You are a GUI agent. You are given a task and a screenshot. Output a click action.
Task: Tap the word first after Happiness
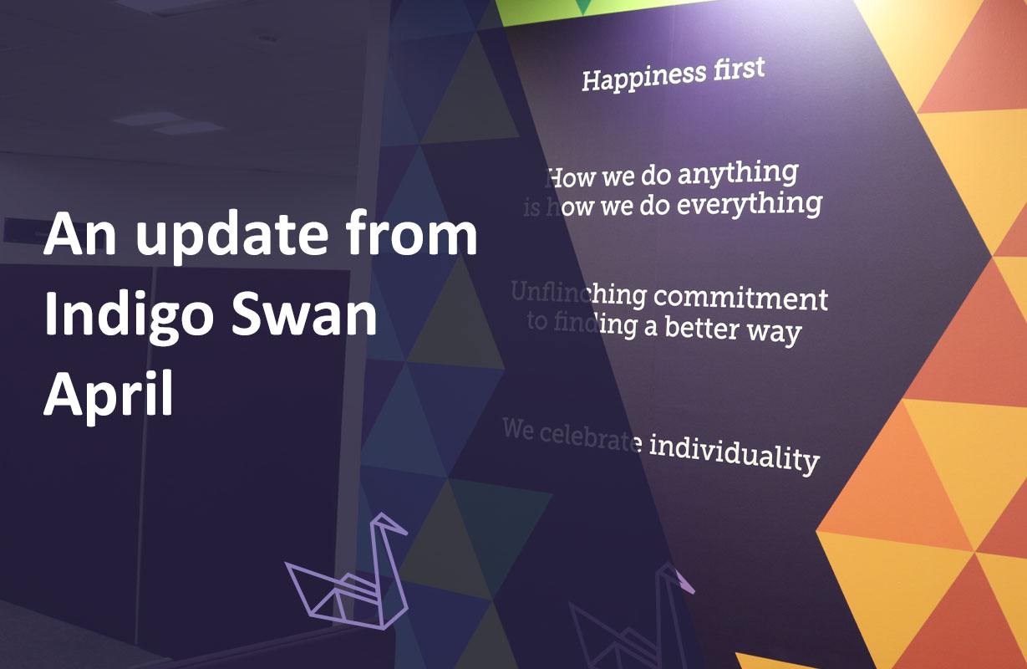click(x=733, y=69)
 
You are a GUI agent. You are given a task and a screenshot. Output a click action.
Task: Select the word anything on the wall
click(x=738, y=175)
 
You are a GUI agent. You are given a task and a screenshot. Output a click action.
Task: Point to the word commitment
click(x=740, y=298)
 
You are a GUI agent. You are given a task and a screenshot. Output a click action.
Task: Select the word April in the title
click(x=109, y=395)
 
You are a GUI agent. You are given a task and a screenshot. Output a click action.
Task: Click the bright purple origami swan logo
click(x=351, y=577)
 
